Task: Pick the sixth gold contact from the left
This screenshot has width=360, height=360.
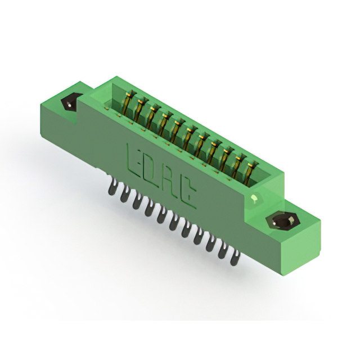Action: point(189,137)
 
